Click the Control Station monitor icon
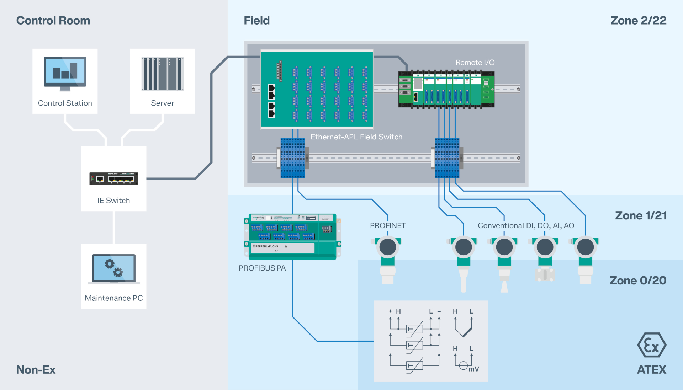[65, 73]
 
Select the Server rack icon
[162, 74]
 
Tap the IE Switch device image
[113, 178]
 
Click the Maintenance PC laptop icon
[114, 269]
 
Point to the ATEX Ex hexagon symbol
[651, 345]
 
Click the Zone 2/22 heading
[638, 21]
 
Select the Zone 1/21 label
[641, 215]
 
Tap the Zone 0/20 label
[638, 281]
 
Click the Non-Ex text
[36, 370]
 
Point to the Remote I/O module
[446, 89]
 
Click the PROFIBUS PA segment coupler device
[292, 236]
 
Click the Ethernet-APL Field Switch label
[356, 137]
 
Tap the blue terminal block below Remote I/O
[447, 158]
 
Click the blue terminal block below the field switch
[292, 158]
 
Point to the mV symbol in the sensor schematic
[473, 369]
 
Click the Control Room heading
[53, 21]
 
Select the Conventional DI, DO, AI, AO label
[526, 225]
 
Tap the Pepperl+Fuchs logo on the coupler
[265, 246]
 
